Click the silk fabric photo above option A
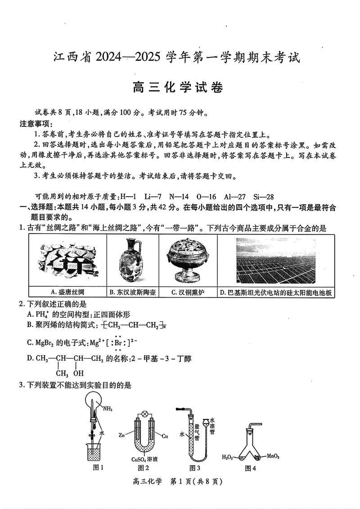pyautogui.click(x=67, y=261)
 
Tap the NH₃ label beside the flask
pyautogui.click(x=108, y=409)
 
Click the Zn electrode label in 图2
pyautogui.click(x=121, y=436)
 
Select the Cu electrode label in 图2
pyautogui.click(x=165, y=436)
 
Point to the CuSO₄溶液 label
pyautogui.click(x=144, y=459)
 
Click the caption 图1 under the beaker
pyautogui.click(x=98, y=468)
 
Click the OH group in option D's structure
pyautogui.click(x=79, y=373)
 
